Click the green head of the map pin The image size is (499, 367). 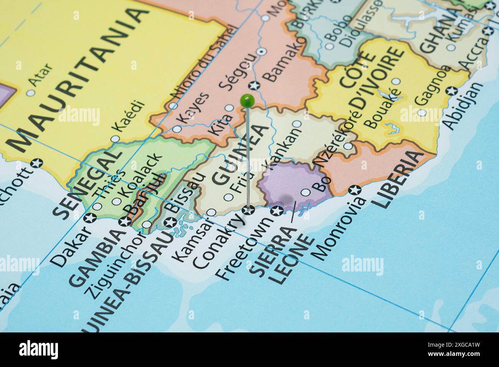247,101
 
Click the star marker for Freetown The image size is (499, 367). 277,211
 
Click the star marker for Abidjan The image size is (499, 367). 452,91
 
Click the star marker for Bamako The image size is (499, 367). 254,86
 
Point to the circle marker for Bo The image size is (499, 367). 306,192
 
